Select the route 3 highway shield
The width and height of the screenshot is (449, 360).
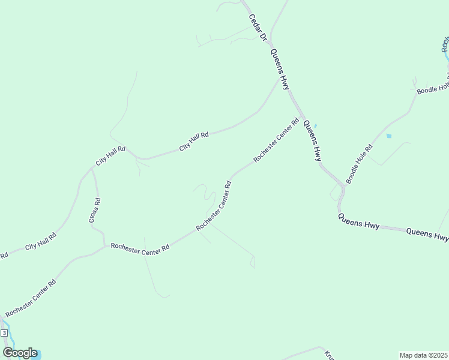pos(4,333)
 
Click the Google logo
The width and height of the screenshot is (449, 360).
pos(20,353)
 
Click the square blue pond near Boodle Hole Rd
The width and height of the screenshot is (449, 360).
pos(389,136)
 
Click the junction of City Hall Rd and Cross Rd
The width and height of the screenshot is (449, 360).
pos(92,168)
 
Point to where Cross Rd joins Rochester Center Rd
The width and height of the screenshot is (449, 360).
pos(106,245)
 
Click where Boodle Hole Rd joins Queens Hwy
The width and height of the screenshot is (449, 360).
pos(343,186)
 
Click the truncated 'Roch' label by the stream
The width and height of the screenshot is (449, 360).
pos(445,46)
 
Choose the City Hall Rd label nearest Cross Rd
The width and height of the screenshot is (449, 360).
pos(110,156)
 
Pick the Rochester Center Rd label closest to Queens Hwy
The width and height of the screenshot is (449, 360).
pos(276,140)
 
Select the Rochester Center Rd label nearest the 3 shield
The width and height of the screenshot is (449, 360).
pos(31,298)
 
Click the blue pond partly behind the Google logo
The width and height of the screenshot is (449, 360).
pos(30,355)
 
